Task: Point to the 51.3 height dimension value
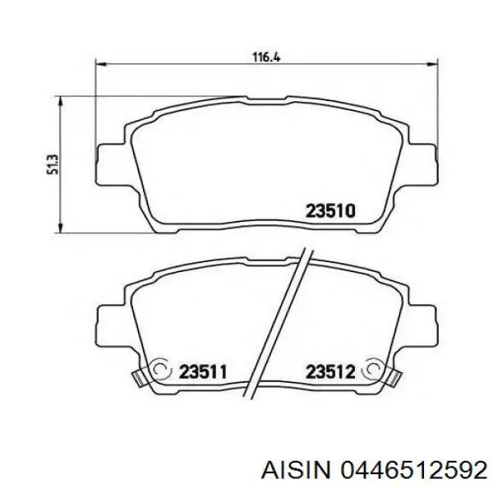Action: [52, 164]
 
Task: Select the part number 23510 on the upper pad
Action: [330, 210]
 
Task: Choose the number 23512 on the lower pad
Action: [330, 371]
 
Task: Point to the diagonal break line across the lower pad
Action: [281, 320]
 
